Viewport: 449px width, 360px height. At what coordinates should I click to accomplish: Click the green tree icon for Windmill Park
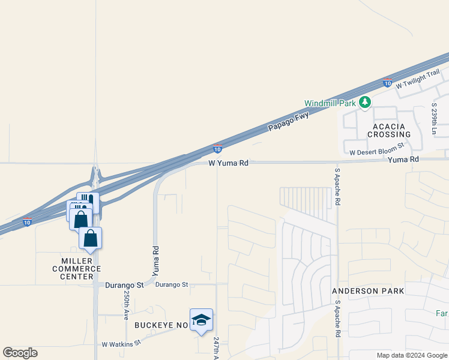click(364, 103)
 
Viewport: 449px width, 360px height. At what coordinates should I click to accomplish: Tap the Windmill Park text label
click(330, 103)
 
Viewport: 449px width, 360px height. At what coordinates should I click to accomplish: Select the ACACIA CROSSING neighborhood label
click(391, 130)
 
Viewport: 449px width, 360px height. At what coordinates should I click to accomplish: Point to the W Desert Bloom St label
click(377, 145)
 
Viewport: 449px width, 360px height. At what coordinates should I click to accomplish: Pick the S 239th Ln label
click(434, 118)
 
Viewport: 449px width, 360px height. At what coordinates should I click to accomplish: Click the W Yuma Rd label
click(228, 163)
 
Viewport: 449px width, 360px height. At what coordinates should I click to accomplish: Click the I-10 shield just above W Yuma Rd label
click(217, 148)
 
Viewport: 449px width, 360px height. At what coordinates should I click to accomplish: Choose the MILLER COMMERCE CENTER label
click(81, 268)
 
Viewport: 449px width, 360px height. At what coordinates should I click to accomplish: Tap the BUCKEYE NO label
click(161, 325)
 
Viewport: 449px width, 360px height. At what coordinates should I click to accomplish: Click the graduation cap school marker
click(201, 320)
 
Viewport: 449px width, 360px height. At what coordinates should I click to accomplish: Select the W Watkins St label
click(121, 344)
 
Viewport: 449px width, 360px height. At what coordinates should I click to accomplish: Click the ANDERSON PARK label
click(368, 291)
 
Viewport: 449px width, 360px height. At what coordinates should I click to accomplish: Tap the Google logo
click(20, 352)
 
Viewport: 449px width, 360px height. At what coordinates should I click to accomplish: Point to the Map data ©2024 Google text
click(412, 355)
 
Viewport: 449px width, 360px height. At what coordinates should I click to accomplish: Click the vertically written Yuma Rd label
click(155, 261)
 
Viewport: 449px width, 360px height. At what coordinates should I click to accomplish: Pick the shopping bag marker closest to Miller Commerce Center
click(90, 238)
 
